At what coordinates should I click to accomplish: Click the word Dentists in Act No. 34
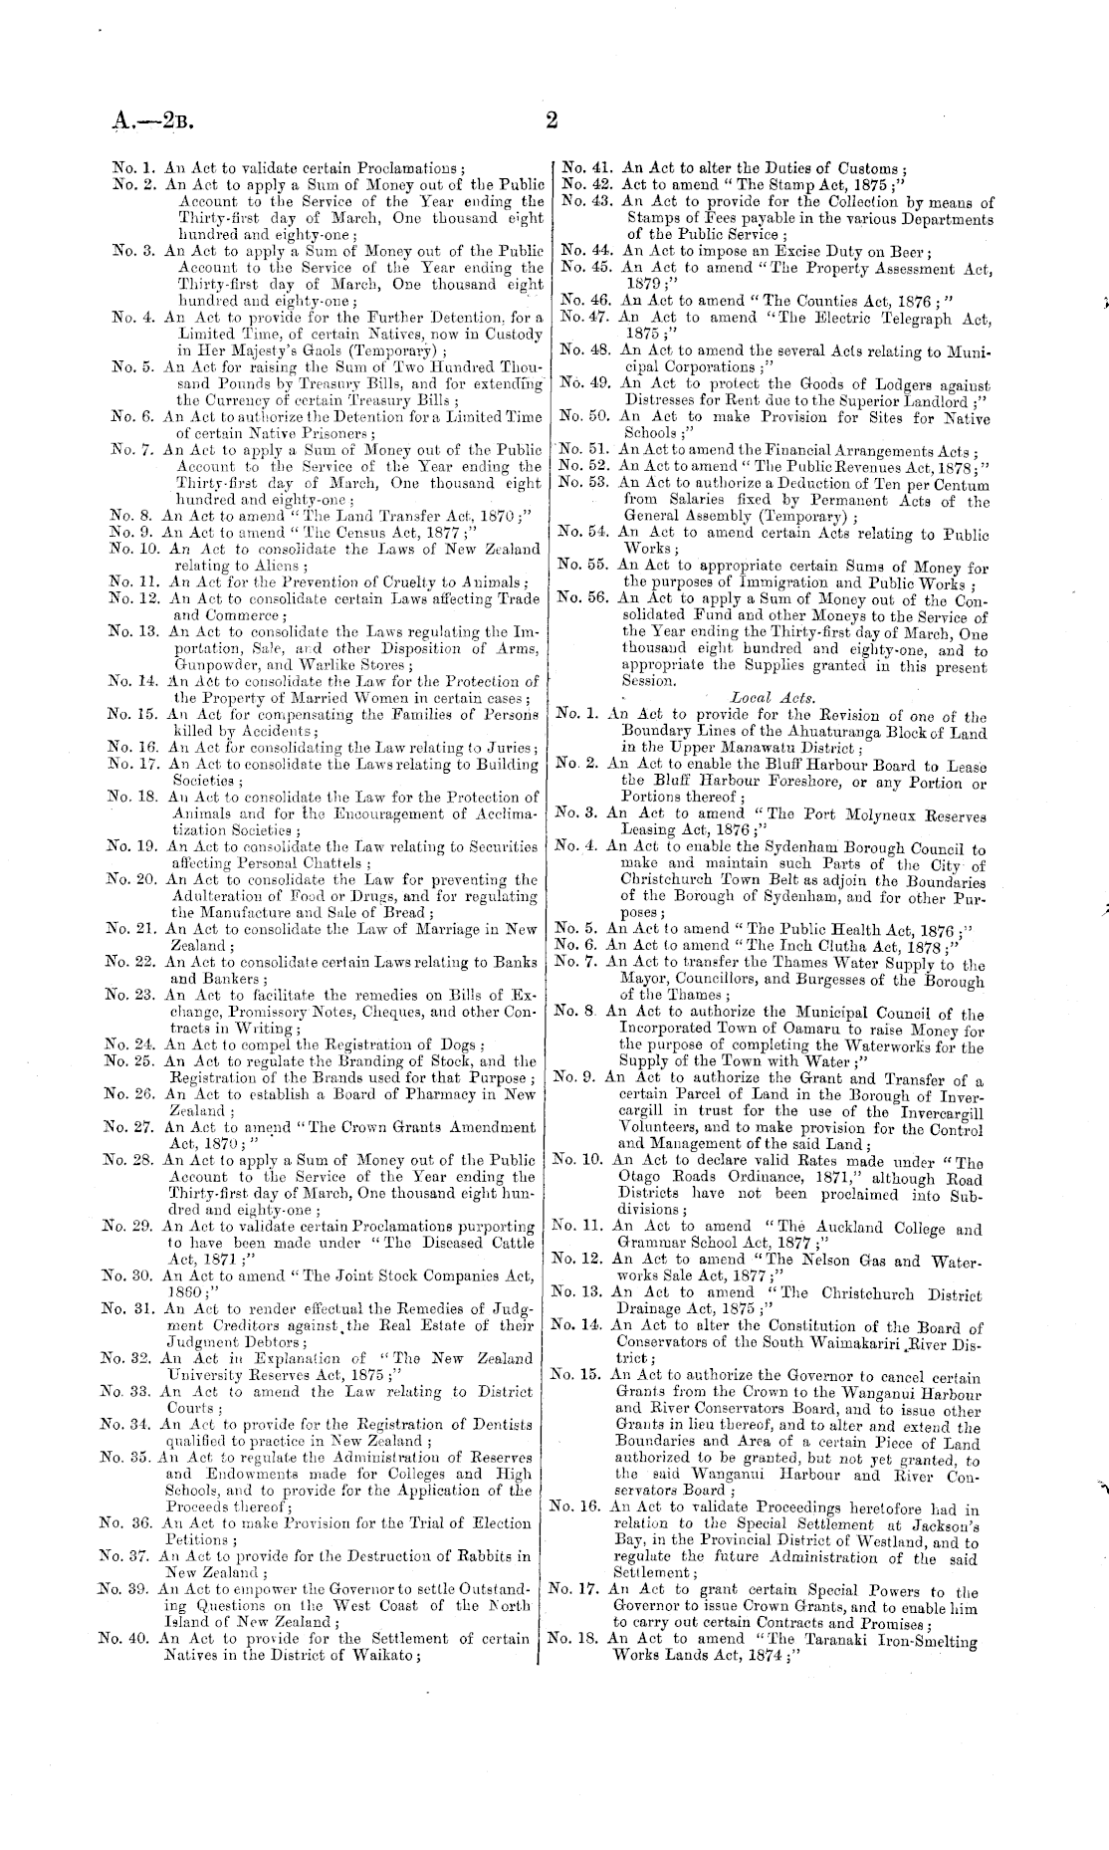pyautogui.click(x=501, y=1425)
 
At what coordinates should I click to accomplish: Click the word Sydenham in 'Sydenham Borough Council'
pyautogui.click(x=766, y=850)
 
